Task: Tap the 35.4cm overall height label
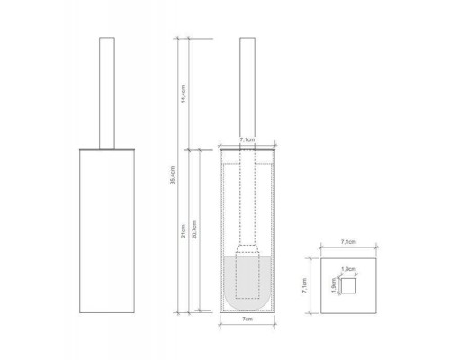coord(172,180)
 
